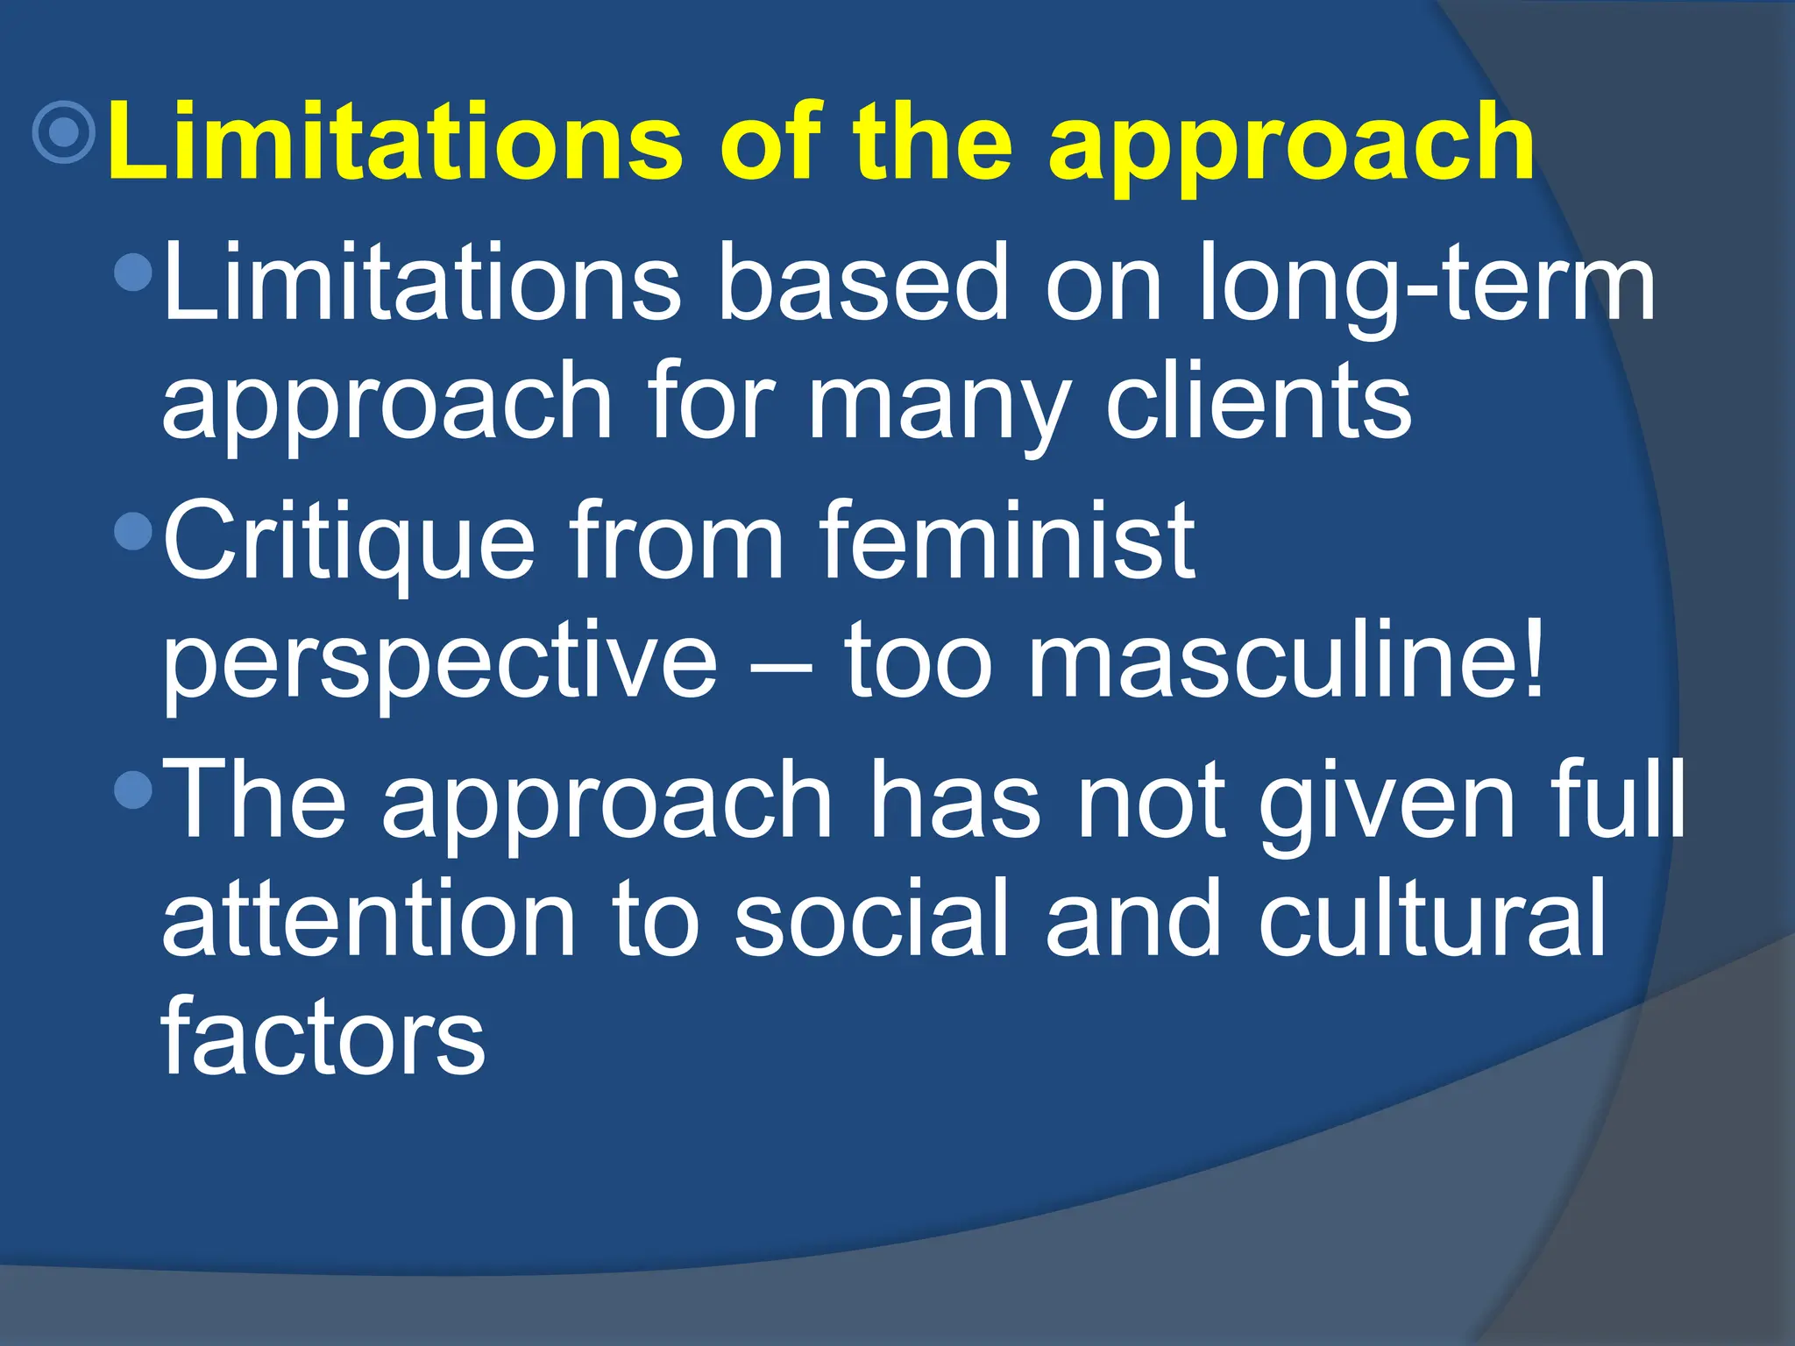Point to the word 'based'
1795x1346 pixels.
coord(863,282)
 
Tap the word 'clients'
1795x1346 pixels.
coord(1259,400)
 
